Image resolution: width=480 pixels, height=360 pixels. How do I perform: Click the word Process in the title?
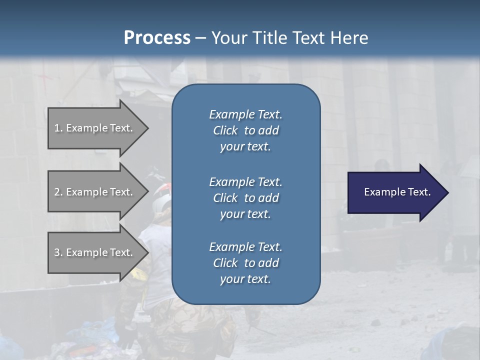tap(157, 38)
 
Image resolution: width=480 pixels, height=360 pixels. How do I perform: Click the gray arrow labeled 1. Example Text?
tap(92, 128)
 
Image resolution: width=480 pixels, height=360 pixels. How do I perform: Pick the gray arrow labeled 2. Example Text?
tap(92, 192)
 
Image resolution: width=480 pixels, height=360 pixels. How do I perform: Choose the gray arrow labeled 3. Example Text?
tap(92, 252)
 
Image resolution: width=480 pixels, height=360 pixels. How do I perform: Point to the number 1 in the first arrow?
tap(56, 128)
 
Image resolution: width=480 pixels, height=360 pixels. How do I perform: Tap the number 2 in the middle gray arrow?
tap(56, 192)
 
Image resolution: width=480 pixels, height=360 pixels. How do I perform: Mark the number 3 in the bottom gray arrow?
tap(56, 252)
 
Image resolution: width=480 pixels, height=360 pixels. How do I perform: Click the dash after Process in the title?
tap(200, 38)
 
